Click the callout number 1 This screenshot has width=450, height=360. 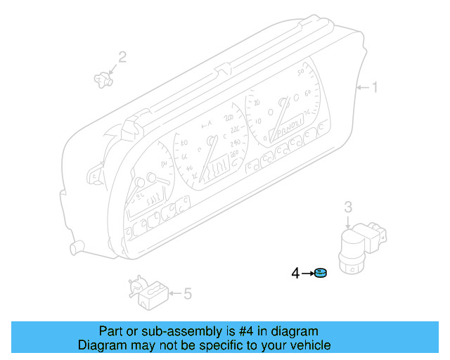375,88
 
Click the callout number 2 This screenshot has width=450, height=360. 122,57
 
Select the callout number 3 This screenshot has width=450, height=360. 347,207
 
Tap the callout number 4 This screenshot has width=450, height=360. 296,273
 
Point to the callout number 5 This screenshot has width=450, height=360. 187,293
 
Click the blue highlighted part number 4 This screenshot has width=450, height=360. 321,273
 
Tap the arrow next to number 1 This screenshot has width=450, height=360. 362,88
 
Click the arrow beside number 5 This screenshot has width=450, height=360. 174,293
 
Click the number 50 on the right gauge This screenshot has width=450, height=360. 302,72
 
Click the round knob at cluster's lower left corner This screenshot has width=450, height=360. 75,247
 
